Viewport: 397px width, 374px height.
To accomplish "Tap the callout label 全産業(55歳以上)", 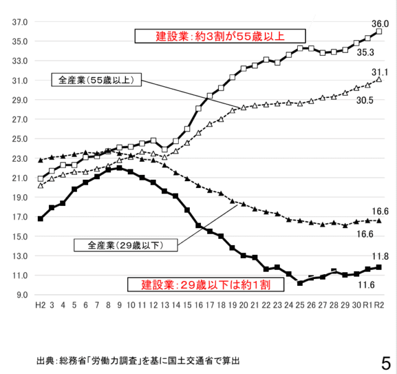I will (x=97, y=80).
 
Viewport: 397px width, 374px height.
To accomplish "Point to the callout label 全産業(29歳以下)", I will (x=125, y=245).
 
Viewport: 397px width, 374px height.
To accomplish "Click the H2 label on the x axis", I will (x=40, y=305).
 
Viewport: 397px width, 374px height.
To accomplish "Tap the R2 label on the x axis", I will (x=379, y=305).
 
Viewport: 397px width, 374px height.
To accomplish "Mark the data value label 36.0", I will (x=380, y=24).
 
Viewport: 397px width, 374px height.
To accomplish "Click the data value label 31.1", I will (x=380, y=71).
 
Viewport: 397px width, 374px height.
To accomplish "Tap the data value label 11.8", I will (x=380, y=256).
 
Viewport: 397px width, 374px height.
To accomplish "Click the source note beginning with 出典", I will (x=138, y=360).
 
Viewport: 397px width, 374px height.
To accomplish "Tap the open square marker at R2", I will (x=379, y=31).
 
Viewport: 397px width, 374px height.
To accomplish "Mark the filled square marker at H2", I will (x=40, y=218).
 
